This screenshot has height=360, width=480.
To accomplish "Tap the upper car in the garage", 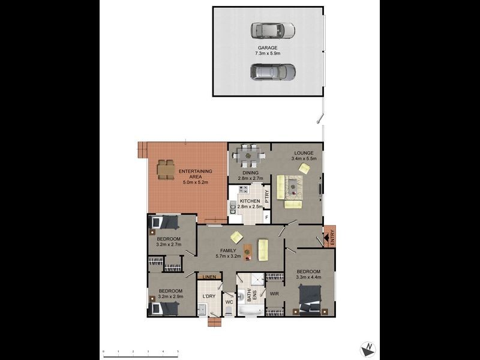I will point(273,31).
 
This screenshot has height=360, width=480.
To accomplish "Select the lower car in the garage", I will point(273,72).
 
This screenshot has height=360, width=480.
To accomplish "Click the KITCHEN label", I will point(249,201).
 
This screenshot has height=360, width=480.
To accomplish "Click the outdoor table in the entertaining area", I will point(166,169).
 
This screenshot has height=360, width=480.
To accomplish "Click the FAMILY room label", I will point(227,251).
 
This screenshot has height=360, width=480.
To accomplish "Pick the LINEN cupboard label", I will point(209,277).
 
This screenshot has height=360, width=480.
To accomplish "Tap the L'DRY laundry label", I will point(209,296).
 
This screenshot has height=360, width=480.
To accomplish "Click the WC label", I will point(229,302).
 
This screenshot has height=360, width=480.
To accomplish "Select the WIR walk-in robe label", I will point(274,294).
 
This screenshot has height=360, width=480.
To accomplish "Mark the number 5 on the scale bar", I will point(178,352).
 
